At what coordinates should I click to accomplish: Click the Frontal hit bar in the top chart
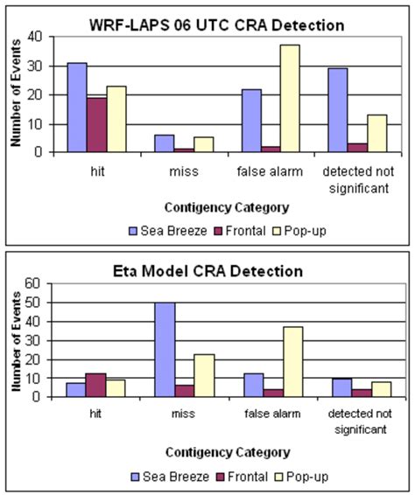[x=97, y=123]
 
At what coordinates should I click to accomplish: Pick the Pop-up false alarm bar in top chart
[x=314, y=98]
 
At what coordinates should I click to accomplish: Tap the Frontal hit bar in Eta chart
[x=97, y=385]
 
